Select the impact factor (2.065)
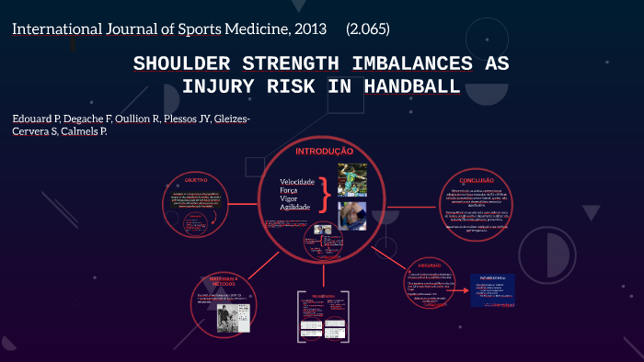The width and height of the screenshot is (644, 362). tap(368, 28)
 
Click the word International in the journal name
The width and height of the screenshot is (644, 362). tap(54, 28)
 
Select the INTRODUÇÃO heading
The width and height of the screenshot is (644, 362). tap(323, 151)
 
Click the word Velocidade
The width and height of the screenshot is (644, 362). tap(297, 182)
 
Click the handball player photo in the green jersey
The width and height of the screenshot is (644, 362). tap(351, 179)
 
